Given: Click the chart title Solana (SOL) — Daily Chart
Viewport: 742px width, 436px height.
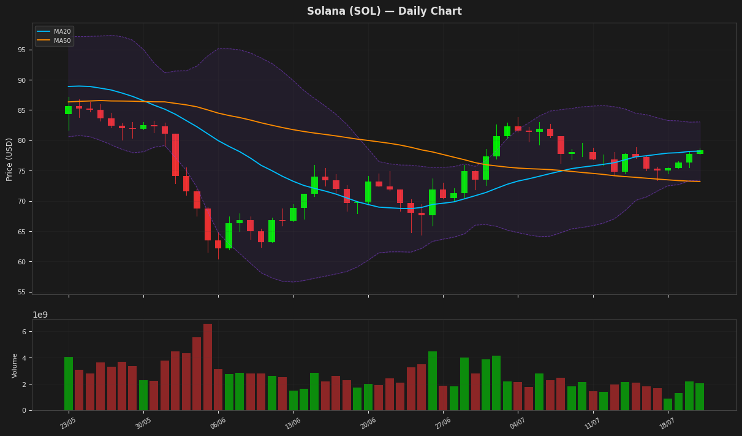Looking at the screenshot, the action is [x=384, y=11].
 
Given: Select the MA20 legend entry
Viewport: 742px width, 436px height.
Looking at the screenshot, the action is [x=54, y=31].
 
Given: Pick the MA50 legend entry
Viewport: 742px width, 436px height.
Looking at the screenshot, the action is [x=54, y=41].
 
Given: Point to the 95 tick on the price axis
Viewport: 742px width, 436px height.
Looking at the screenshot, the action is [x=22, y=50].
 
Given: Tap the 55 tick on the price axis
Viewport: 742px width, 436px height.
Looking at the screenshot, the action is [x=22, y=292].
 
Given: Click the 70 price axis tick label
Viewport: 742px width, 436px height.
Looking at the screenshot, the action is [x=22, y=201].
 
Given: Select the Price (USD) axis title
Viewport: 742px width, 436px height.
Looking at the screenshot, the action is [x=9, y=159].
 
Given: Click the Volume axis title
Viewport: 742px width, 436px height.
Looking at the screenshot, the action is [x=15, y=365].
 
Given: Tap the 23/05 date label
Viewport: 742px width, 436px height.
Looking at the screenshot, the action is [x=68, y=423].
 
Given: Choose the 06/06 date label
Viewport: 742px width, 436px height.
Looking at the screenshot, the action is [x=218, y=423].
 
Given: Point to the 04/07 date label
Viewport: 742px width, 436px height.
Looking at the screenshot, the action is [x=517, y=423].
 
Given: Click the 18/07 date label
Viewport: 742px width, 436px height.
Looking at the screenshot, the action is [x=667, y=423].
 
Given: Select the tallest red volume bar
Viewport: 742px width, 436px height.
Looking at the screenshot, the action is [x=208, y=367].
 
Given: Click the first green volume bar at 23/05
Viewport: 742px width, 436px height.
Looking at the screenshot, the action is [x=69, y=384].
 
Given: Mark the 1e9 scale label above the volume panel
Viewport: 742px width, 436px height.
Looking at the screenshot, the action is [x=40, y=315].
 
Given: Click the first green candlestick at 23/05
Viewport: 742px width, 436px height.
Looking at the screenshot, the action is [x=69, y=110].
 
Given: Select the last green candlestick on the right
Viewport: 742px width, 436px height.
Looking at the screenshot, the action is [x=700, y=152].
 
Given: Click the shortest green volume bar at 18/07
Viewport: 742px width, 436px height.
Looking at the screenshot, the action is [x=668, y=405].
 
